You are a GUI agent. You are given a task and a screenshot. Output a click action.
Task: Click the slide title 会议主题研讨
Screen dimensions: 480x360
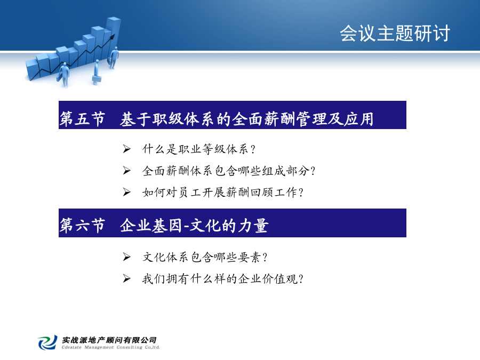pos(395,33)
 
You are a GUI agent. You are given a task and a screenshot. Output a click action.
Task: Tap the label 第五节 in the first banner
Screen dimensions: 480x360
pos(82,119)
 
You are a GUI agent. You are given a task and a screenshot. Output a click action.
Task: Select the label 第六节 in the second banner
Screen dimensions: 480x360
pos(82,226)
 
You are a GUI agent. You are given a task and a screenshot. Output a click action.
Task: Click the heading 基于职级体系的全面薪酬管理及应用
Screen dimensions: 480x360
pos(247,119)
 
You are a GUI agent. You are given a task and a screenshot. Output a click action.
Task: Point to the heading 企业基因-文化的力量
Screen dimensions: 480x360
pos(194,226)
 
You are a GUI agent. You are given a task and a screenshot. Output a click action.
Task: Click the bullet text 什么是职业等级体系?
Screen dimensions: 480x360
pos(199,149)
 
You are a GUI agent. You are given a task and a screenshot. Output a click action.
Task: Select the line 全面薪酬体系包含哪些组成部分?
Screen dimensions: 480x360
pos(229,171)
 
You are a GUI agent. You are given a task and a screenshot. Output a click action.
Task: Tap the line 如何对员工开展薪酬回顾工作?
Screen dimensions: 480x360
pos(223,192)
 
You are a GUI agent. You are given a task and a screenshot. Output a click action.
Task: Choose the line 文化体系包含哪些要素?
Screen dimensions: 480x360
pos(205,257)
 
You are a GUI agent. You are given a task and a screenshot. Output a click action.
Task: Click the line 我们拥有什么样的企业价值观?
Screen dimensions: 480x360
pos(223,279)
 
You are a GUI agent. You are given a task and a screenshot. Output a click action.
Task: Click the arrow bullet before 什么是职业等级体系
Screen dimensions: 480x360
pos(126,149)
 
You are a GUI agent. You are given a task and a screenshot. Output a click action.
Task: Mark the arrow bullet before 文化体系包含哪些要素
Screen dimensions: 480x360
pos(126,257)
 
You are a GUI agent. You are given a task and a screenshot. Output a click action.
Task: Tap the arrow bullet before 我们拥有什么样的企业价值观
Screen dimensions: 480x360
pos(126,278)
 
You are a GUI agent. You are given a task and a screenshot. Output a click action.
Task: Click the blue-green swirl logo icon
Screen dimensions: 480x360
pos(48,342)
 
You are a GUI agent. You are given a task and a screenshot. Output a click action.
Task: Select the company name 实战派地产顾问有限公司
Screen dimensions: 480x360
pos(109,340)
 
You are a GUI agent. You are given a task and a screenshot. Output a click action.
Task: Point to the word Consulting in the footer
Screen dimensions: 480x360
pos(129,347)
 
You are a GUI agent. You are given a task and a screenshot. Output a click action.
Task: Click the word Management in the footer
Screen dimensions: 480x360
pos(99,347)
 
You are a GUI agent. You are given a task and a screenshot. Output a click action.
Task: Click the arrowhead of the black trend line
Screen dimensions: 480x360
pos(113,37)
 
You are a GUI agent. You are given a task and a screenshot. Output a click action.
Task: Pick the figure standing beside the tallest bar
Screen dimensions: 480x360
pos(114,58)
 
